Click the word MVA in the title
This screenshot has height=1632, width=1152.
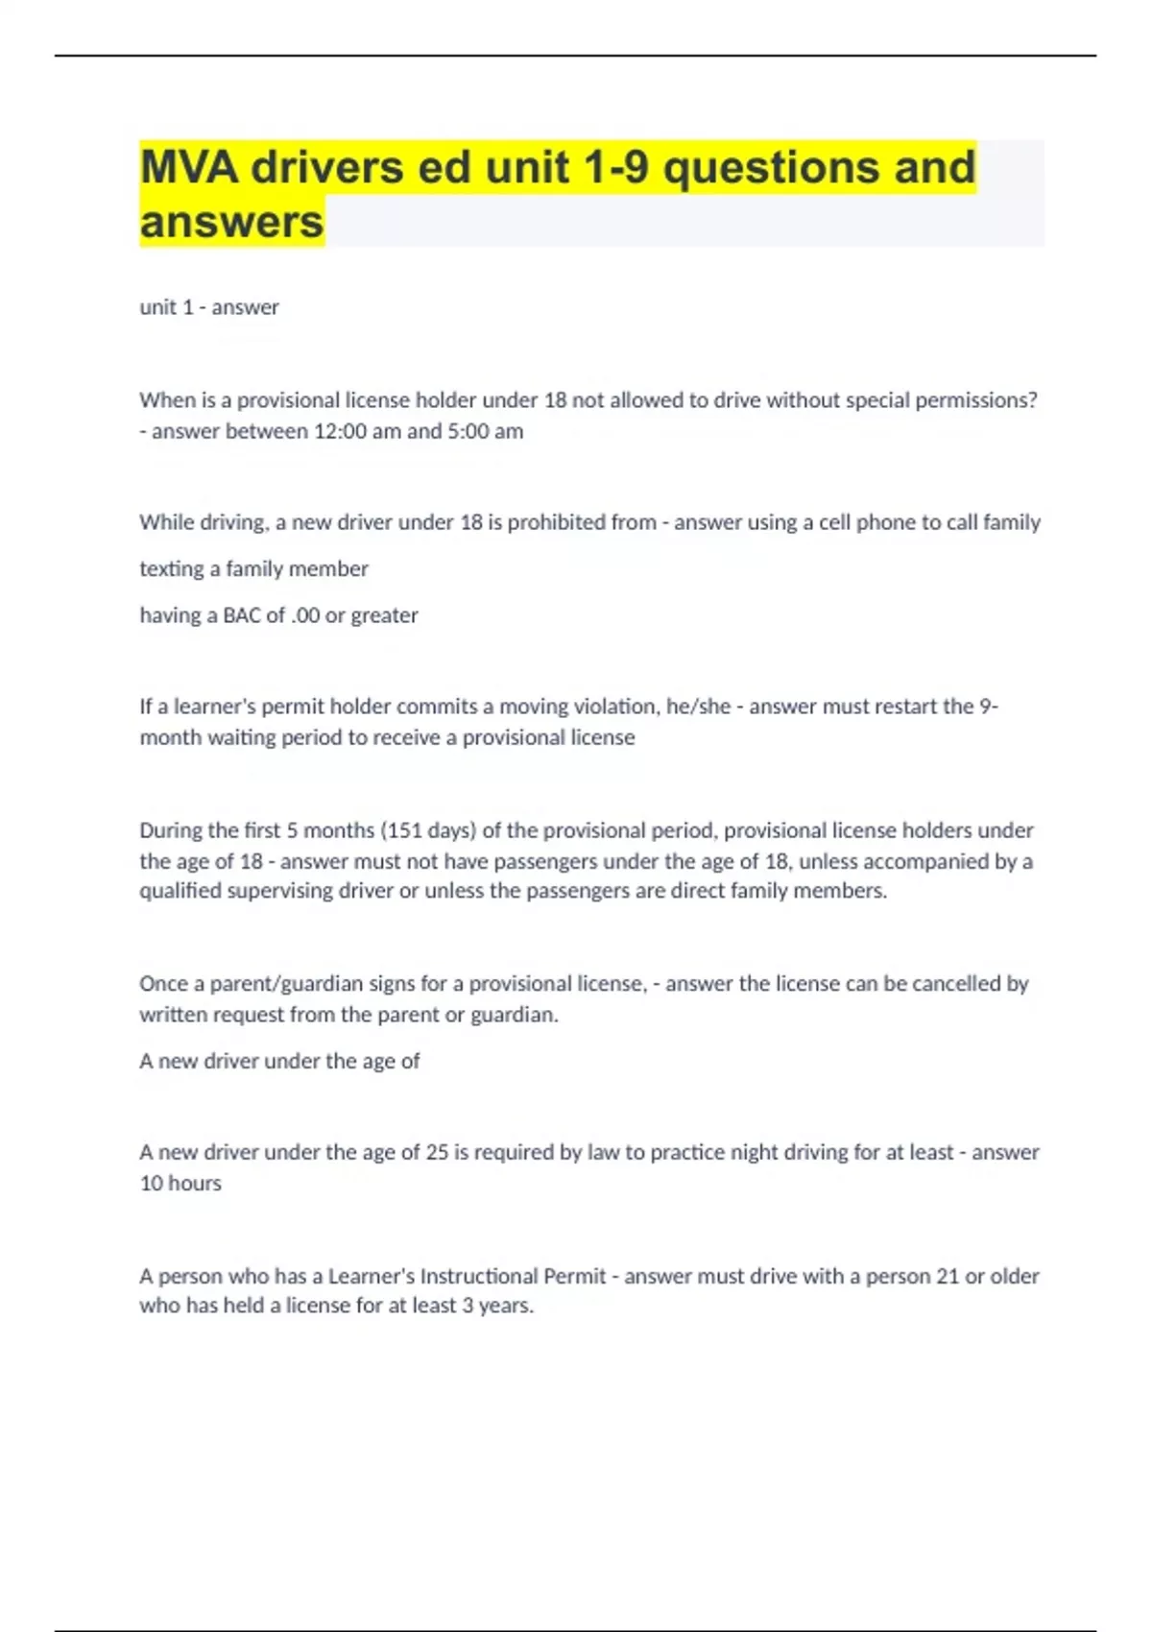(188, 167)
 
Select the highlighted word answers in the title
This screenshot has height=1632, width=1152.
(231, 222)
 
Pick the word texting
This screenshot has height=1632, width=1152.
(170, 569)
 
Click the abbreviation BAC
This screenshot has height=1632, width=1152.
(241, 615)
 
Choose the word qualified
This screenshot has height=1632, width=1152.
(181, 891)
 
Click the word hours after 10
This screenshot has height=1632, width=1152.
(196, 1184)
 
